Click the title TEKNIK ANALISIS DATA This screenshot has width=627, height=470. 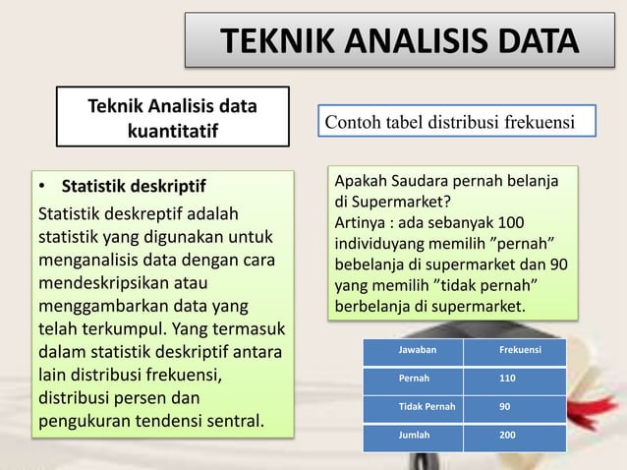(398, 41)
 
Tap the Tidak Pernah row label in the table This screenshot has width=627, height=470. (427, 405)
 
